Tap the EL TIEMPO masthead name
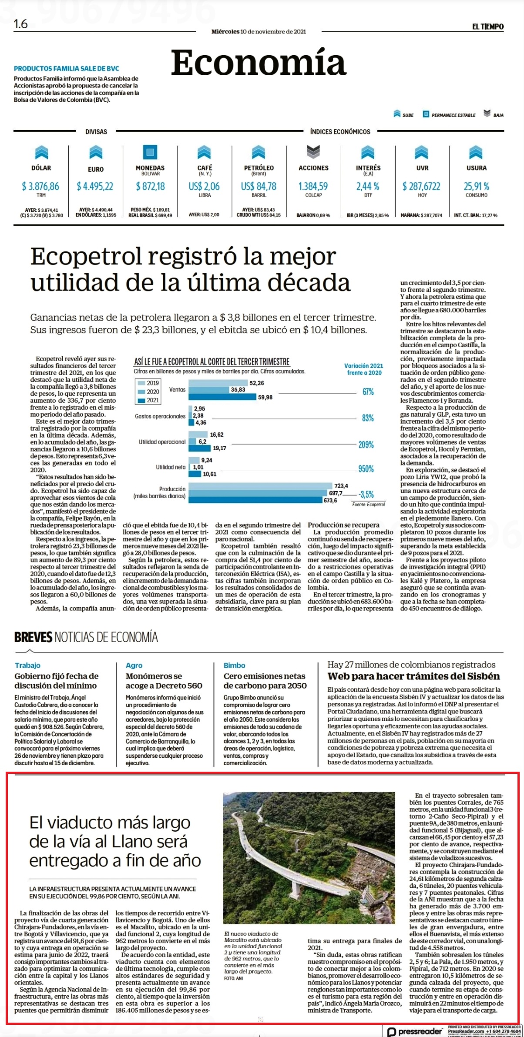point(488,27)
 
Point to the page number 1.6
point(21,24)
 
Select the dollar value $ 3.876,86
point(40,187)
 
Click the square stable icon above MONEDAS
point(150,152)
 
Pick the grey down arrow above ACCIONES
point(313,152)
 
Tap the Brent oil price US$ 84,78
point(259,187)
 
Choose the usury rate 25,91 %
point(477,187)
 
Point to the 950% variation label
point(366,469)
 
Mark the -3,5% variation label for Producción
point(366,494)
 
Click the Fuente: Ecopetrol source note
point(369,505)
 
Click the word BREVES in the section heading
point(33,638)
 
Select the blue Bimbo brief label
point(234,666)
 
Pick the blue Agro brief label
point(134,666)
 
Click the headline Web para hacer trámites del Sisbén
point(413,676)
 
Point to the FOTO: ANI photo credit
point(233,979)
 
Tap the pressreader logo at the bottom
point(414,1031)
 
